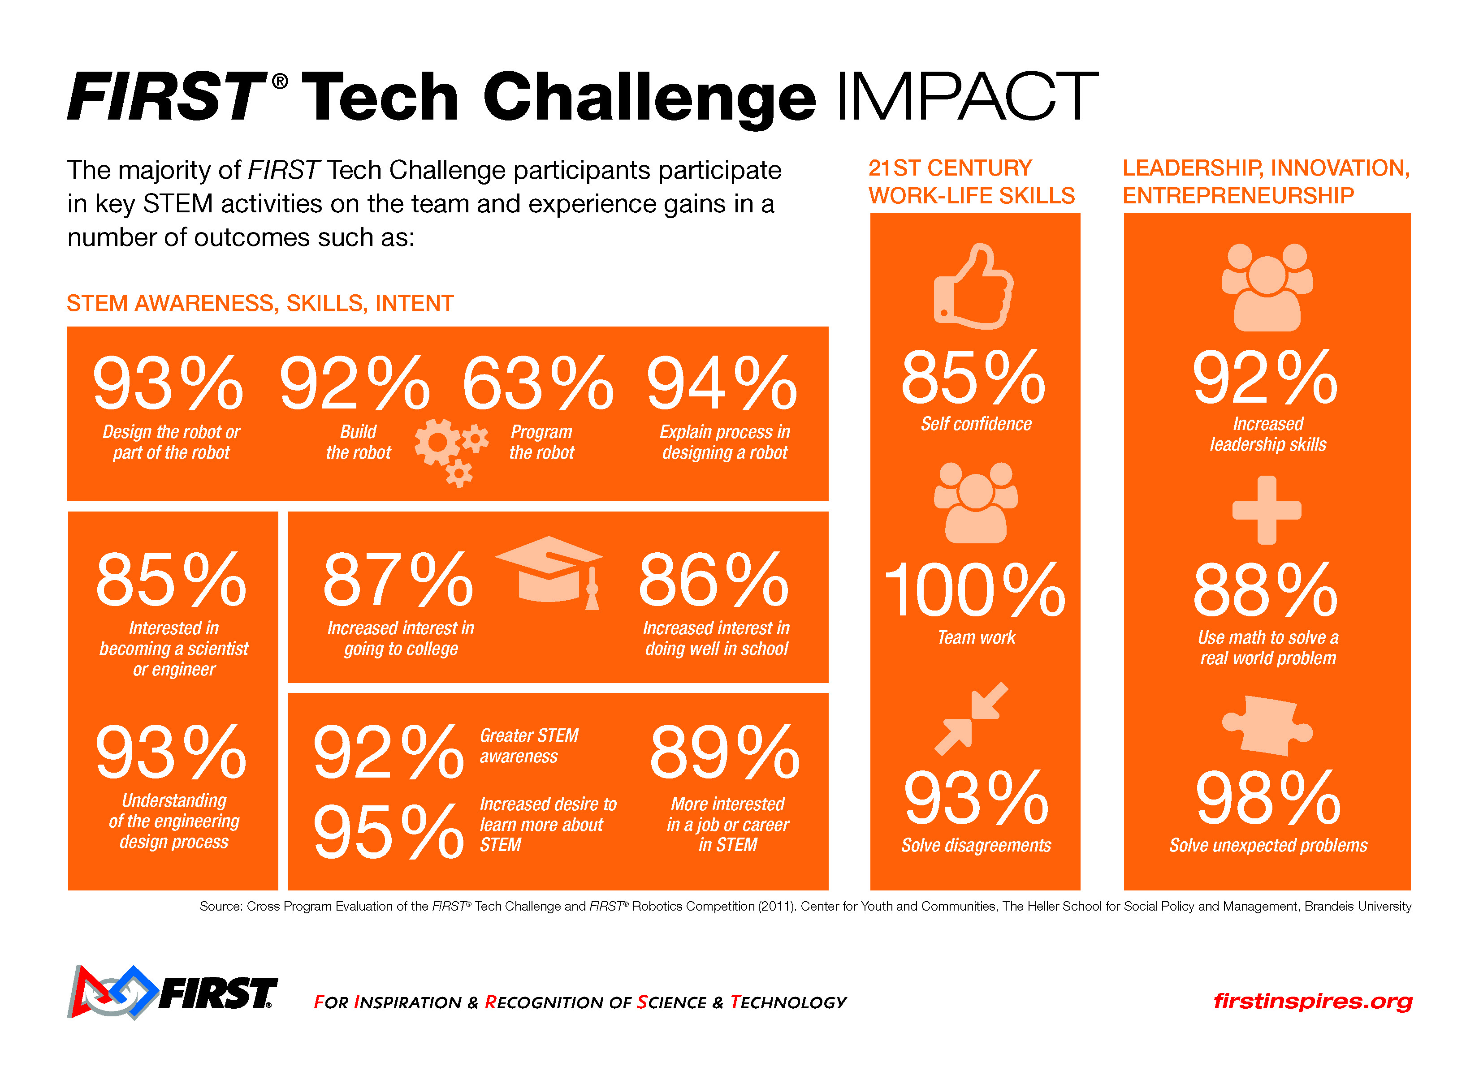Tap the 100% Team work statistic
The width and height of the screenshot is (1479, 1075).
(x=974, y=590)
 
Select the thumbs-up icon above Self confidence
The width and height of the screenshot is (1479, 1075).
(x=973, y=287)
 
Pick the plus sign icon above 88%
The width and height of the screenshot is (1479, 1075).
(x=1267, y=510)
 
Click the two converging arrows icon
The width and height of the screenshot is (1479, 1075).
(x=972, y=718)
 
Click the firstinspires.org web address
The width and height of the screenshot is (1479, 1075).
(x=1312, y=1001)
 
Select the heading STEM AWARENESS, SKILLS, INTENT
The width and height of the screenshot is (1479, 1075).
(x=260, y=303)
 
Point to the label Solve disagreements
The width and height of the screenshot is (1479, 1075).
(x=976, y=846)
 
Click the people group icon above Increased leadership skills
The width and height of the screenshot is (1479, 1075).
(x=1267, y=287)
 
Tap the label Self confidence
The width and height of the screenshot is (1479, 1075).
(x=976, y=424)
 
